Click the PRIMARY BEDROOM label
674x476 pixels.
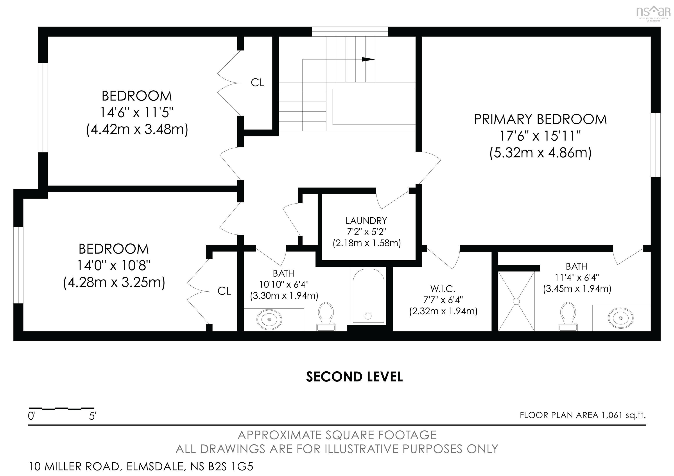(540, 120)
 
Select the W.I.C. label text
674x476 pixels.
(443, 289)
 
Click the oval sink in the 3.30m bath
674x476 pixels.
(269, 319)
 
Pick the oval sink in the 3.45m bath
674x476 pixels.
(620, 318)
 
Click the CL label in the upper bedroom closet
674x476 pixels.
(257, 83)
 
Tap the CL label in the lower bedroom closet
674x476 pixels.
(224, 291)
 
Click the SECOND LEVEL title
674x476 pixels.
(354, 377)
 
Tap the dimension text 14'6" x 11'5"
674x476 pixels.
(137, 112)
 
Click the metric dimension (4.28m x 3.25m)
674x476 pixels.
(114, 282)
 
